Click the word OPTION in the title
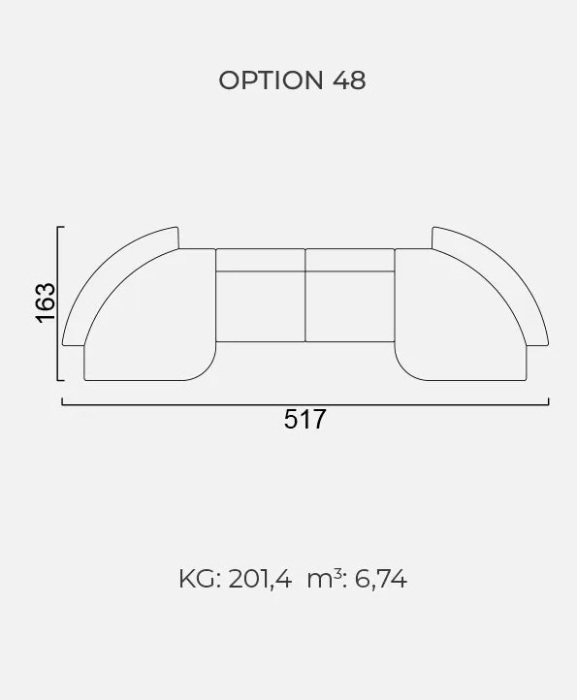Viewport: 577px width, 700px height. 271,80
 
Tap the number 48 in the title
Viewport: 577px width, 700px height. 349,80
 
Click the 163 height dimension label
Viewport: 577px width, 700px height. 46,302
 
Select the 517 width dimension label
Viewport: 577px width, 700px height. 305,419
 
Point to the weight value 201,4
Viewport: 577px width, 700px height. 260,579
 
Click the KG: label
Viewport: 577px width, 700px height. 200,579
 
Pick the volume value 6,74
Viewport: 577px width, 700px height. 380,579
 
